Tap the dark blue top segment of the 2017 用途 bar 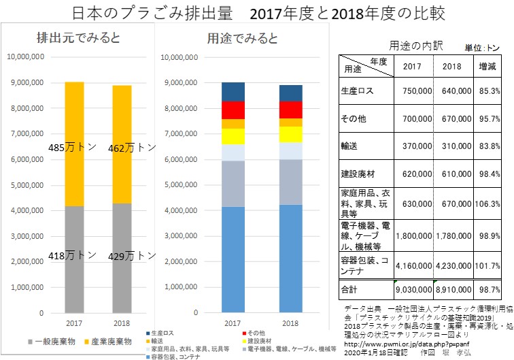233,91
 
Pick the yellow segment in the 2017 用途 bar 233,136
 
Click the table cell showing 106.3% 491,201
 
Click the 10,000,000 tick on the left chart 27,57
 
